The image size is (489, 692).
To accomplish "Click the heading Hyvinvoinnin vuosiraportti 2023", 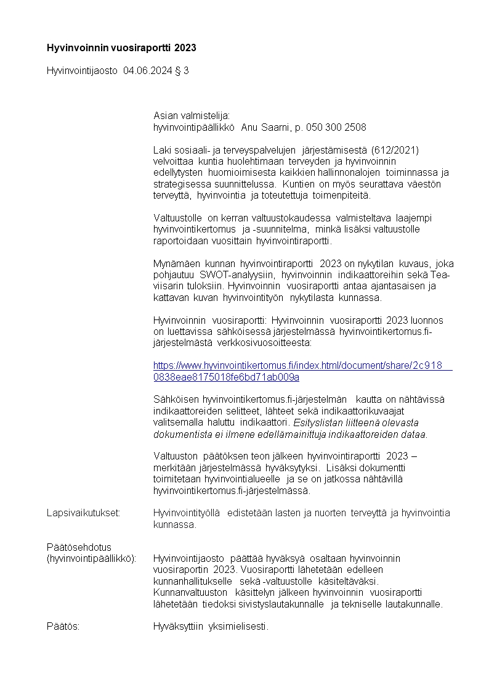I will click(121, 47).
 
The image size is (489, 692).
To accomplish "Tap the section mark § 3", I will click(182, 71).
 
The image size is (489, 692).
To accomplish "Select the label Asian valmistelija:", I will click(191, 115).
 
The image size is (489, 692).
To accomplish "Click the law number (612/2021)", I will click(395, 150).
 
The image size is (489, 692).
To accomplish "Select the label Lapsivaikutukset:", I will click(83, 513).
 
